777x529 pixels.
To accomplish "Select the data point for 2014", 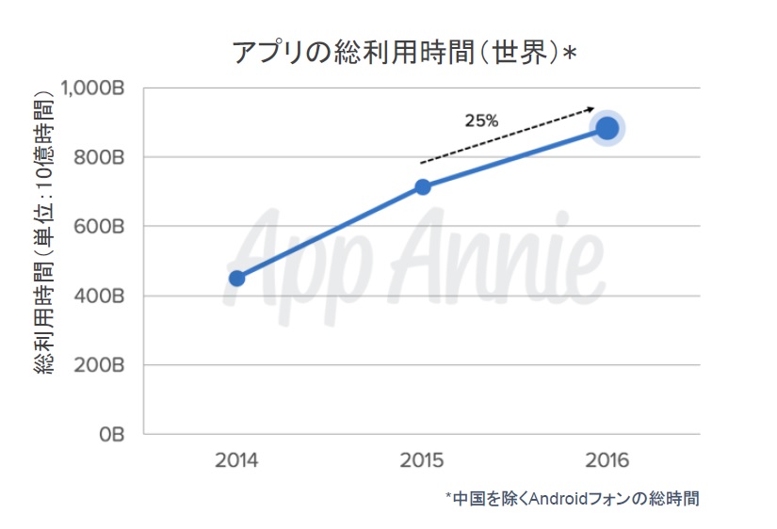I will tap(237, 278).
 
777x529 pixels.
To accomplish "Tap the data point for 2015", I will tap(423, 187).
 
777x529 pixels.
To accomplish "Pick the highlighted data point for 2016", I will tap(607, 128).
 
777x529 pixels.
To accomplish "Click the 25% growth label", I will tap(481, 120).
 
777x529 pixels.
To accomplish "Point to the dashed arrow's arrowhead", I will tap(591, 108).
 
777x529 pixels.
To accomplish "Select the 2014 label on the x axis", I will tap(236, 462).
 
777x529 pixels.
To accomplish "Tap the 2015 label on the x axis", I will tap(422, 462).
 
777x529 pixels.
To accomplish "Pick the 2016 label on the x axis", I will tap(606, 462).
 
